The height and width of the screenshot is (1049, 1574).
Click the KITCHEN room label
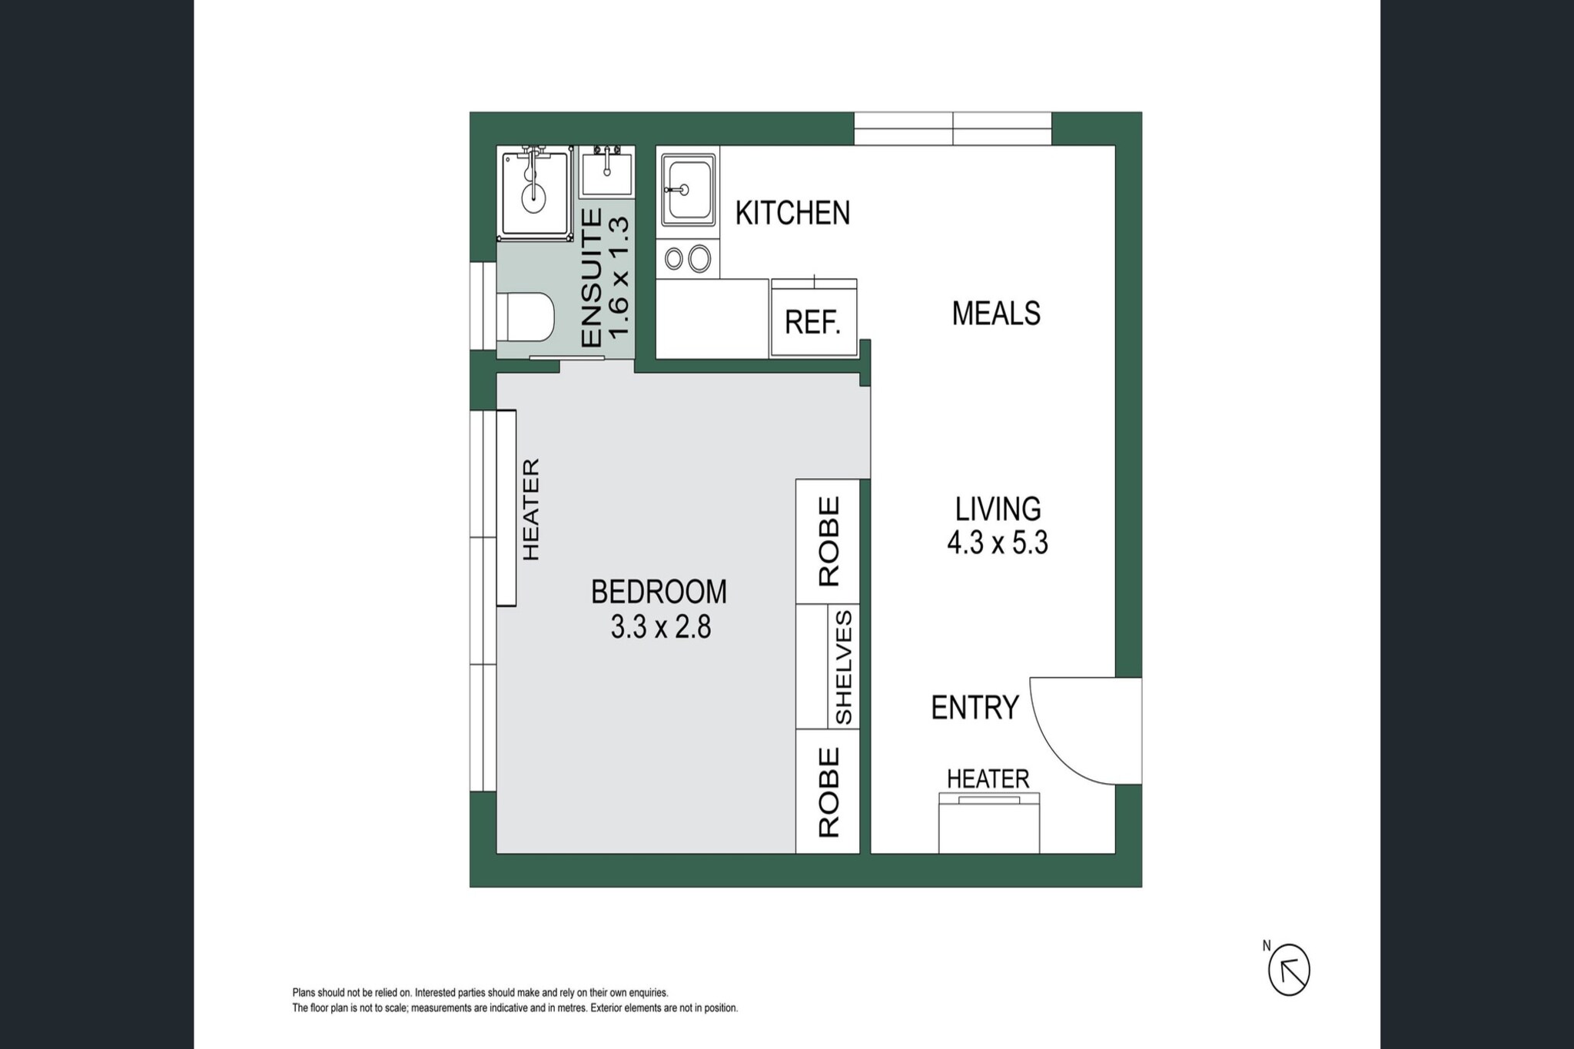tap(792, 213)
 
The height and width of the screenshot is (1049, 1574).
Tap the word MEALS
tap(996, 314)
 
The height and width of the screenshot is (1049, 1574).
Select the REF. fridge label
tap(812, 323)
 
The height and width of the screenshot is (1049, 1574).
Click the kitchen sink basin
tap(688, 190)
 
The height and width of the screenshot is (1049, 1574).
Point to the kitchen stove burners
tap(688, 259)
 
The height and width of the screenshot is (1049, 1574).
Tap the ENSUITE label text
tap(591, 278)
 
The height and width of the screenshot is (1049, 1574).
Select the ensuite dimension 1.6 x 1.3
tap(619, 277)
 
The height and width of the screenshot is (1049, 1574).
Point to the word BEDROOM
tap(659, 592)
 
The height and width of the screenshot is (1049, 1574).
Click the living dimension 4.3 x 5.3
tap(998, 543)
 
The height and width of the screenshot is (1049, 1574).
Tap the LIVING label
tap(998, 509)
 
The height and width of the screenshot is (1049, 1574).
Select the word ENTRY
tap(975, 707)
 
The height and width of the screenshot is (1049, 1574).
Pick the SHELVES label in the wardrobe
tap(843, 667)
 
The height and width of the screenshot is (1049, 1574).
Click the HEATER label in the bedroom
tap(531, 510)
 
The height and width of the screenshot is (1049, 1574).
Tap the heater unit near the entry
tap(989, 823)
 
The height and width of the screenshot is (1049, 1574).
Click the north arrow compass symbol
tap(1289, 970)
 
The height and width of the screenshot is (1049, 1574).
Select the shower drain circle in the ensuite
tap(534, 198)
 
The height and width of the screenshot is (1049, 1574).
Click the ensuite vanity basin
tap(607, 174)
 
